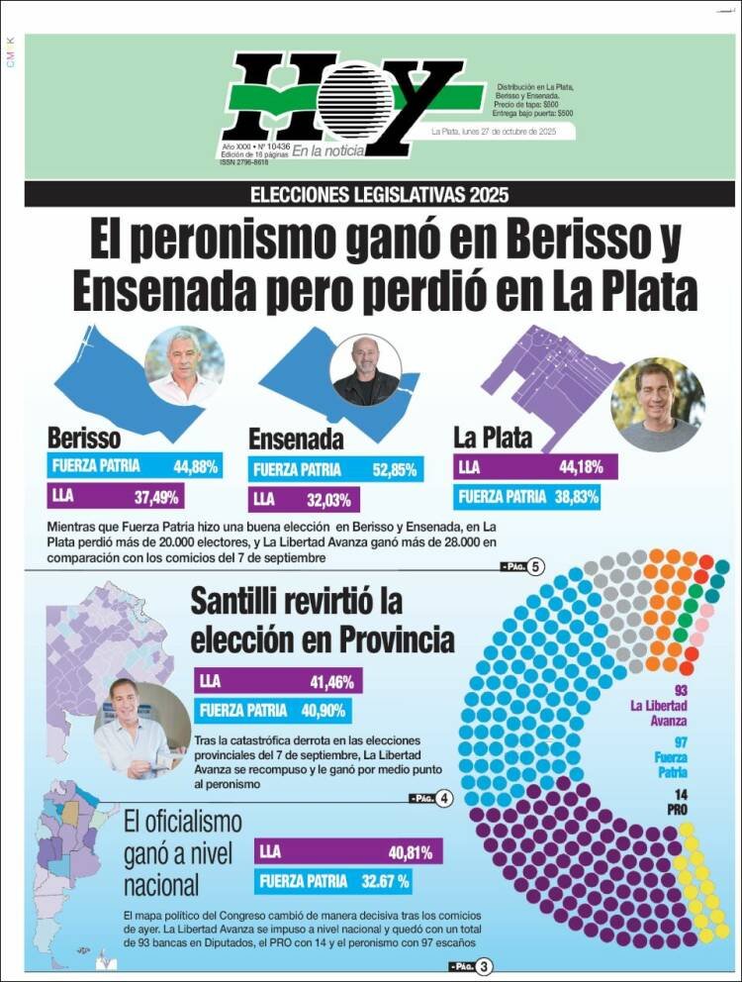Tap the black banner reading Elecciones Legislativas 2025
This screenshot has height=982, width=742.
click(x=380, y=194)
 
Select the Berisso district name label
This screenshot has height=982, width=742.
click(x=84, y=439)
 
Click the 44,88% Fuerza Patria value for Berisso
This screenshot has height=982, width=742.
click(x=196, y=465)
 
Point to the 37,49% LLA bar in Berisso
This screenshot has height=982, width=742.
click(x=115, y=496)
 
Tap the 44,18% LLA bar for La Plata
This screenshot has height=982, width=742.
click(x=535, y=467)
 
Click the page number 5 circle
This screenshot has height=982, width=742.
click(x=536, y=567)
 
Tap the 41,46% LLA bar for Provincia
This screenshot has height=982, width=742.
click(x=278, y=681)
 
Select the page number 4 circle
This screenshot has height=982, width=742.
click(x=444, y=798)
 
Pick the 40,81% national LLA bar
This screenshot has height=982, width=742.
click(x=348, y=851)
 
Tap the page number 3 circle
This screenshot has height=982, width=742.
click(x=484, y=966)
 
